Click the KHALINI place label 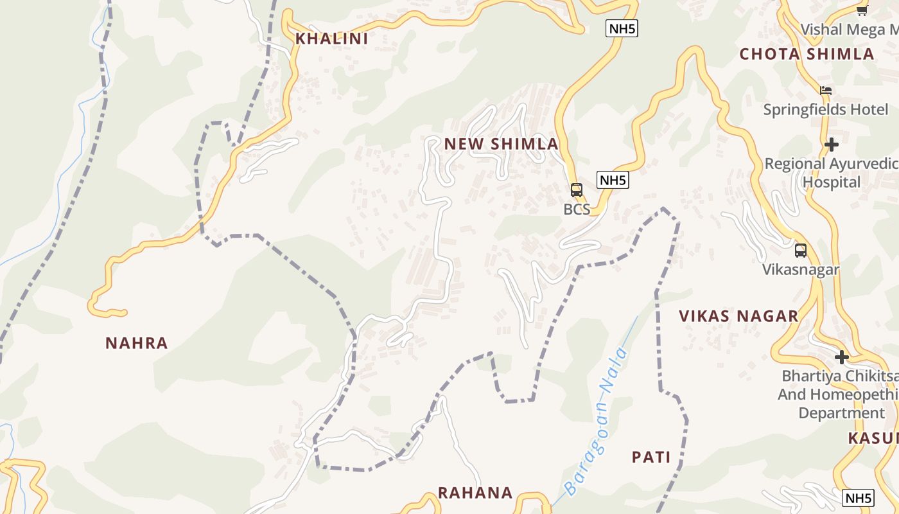pos(331,39)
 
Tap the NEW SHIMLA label pos(501,144)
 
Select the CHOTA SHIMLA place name pos(807,54)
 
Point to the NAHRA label pos(137,343)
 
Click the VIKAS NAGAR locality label pos(738,316)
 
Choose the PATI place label pos(651,457)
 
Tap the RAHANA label pos(475,493)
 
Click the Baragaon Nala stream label pos(595,421)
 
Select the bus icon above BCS pos(577,190)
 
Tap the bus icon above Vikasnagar pos(800,251)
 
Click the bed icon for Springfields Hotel pos(826,91)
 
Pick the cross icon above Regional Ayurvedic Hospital pos(832,145)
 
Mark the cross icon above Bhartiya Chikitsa pos(842,357)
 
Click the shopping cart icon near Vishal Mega pos(862,10)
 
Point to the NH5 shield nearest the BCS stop pos(613,180)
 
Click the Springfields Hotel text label pos(826,110)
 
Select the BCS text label pos(577,209)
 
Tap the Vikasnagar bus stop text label pos(801,269)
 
